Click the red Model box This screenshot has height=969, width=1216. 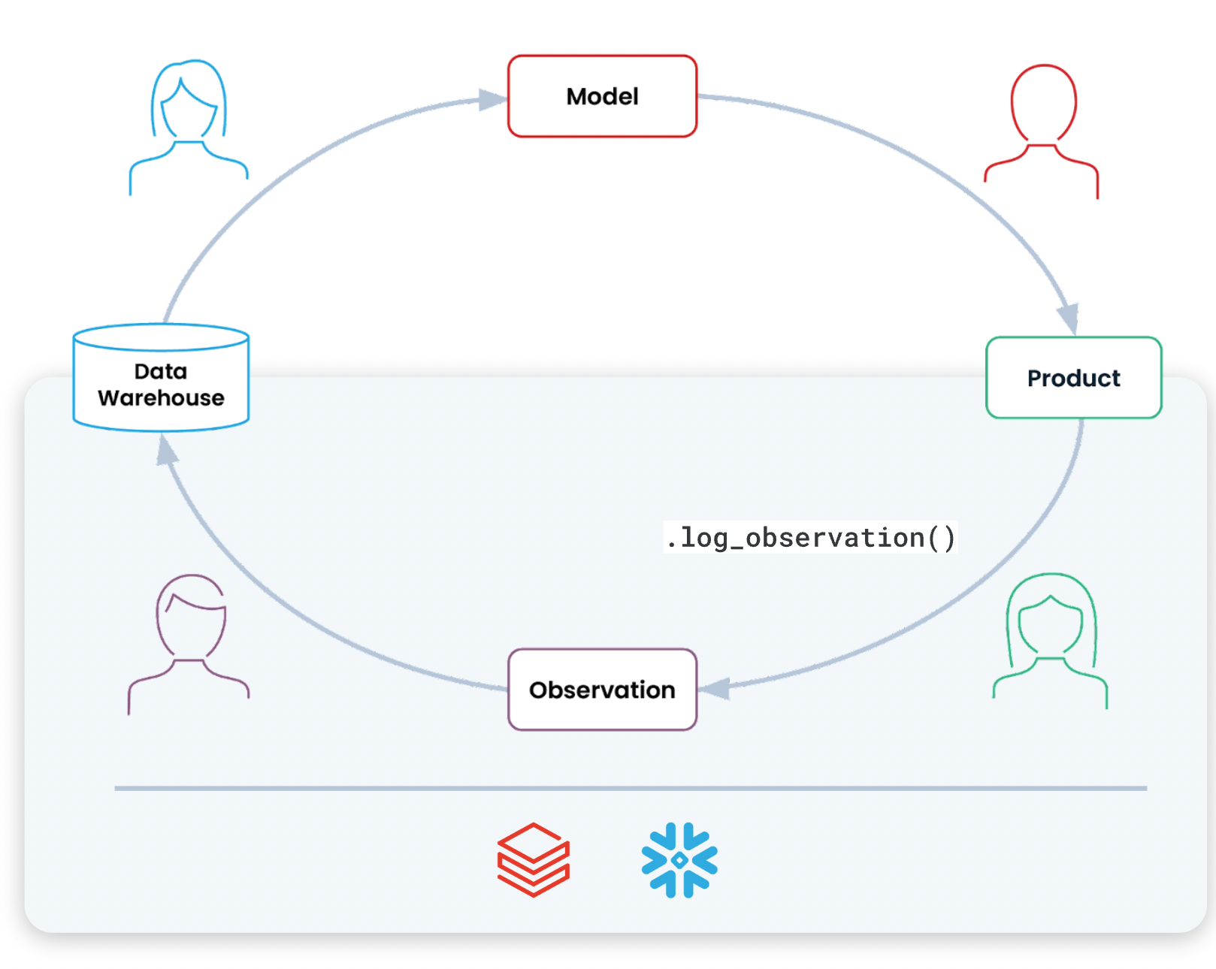(x=602, y=96)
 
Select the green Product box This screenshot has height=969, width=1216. (x=1073, y=378)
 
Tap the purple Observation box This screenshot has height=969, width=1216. (x=602, y=690)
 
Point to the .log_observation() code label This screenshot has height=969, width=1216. (x=810, y=538)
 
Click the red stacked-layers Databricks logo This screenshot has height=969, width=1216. (x=534, y=860)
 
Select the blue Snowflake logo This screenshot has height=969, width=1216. (x=679, y=860)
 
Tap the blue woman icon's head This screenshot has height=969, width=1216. (x=189, y=101)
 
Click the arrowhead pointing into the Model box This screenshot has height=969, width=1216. (x=493, y=100)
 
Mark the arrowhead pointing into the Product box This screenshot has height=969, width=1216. (x=1069, y=318)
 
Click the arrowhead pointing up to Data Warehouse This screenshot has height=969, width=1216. (x=166, y=451)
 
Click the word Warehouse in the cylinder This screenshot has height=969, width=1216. (x=161, y=398)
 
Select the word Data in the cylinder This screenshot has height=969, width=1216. (x=161, y=371)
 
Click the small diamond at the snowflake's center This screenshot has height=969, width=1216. (x=679, y=860)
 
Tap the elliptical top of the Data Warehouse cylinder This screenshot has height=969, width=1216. (x=161, y=337)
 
